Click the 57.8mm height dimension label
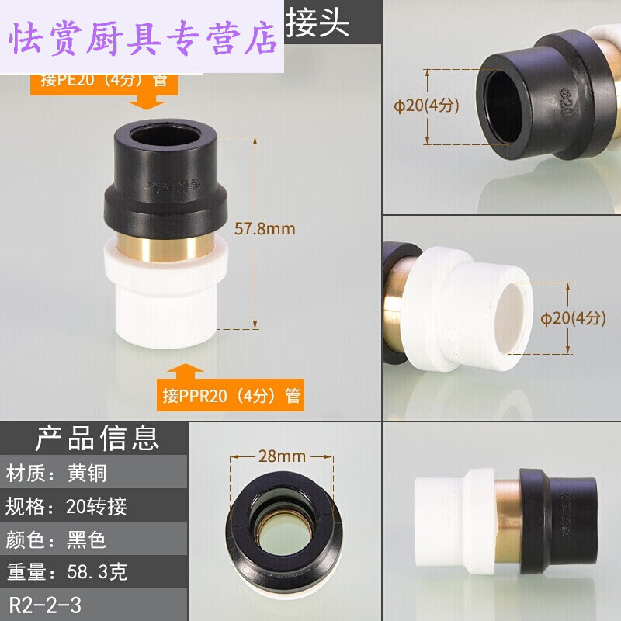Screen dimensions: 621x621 click(265, 229)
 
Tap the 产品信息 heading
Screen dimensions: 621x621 click(96, 439)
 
